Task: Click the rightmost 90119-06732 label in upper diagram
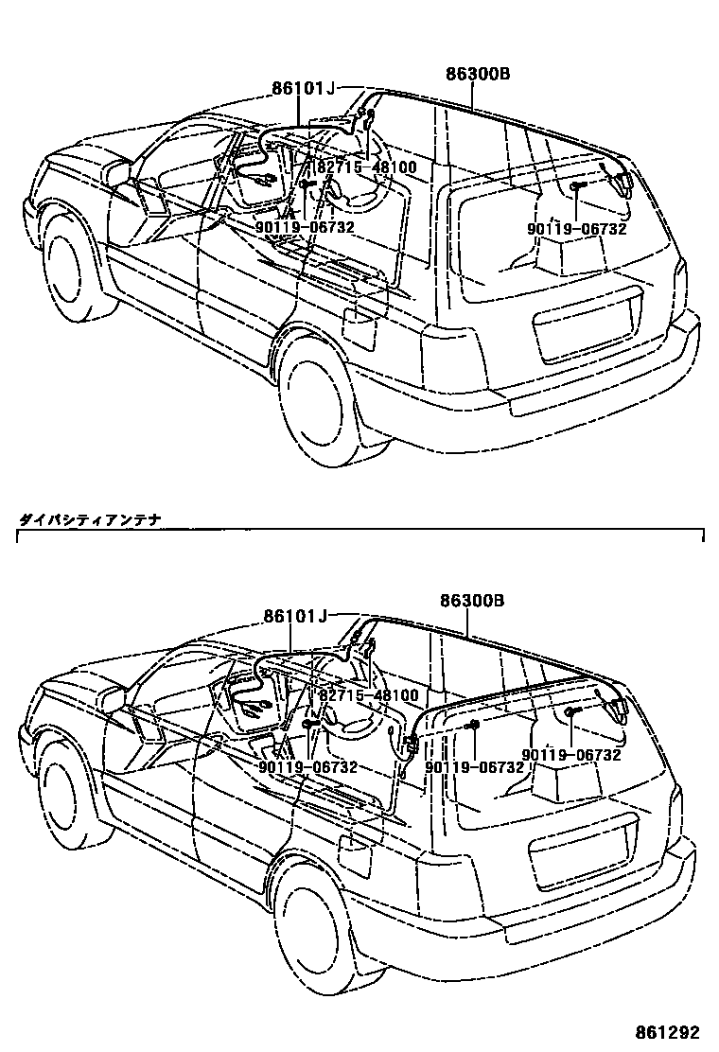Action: point(577,228)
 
